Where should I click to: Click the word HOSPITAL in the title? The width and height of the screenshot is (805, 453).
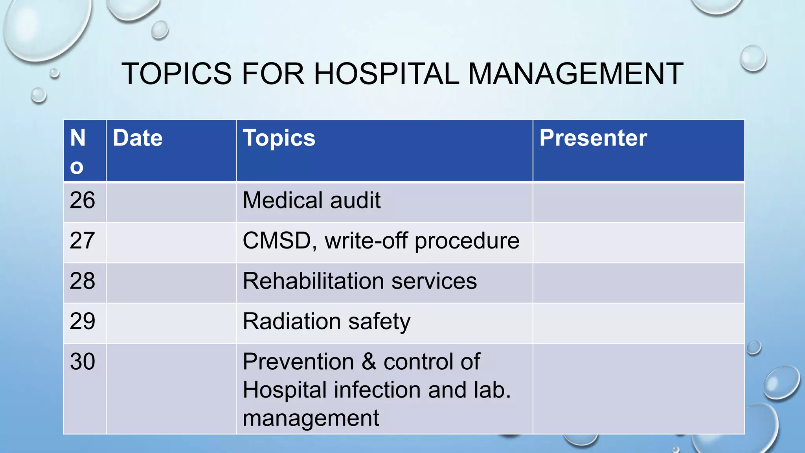click(x=386, y=74)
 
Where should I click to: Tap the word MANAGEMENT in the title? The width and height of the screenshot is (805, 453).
click(x=575, y=74)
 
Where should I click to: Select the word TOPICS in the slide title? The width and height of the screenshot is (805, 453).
click(x=177, y=74)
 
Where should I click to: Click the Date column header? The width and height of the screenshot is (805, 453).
click(x=138, y=138)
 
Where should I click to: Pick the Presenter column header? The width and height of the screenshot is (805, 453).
click(x=593, y=138)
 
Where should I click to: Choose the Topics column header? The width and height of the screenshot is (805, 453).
click(x=279, y=138)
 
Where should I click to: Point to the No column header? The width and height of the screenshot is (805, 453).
click(x=77, y=151)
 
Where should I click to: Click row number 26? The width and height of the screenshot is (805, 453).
click(x=82, y=200)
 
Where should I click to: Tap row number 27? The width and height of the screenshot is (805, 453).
click(x=82, y=241)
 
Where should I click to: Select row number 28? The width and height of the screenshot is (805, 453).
click(x=82, y=281)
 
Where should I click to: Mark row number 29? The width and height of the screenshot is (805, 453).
click(x=82, y=321)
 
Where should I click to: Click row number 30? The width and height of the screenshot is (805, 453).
click(x=82, y=361)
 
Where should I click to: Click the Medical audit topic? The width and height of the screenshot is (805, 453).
click(x=311, y=200)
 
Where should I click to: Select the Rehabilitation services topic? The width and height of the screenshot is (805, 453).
click(x=360, y=281)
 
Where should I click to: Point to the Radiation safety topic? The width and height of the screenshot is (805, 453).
click(x=326, y=321)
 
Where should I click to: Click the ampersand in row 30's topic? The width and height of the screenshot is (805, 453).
click(x=369, y=361)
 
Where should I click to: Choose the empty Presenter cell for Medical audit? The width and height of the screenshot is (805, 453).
click(x=638, y=202)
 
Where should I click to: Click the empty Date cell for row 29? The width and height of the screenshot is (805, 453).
click(x=171, y=323)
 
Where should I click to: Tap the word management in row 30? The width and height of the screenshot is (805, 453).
click(x=311, y=418)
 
